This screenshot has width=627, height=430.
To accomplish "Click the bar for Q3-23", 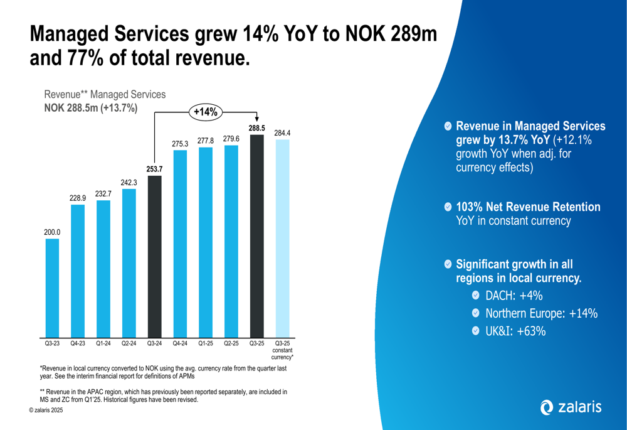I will [x=52, y=288].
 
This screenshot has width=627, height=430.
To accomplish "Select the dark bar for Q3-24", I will [x=154, y=256].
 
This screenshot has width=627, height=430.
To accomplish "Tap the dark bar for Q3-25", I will [x=256, y=236].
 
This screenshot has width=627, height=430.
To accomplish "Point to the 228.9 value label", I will [x=78, y=198].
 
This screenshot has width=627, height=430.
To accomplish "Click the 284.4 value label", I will [x=282, y=133].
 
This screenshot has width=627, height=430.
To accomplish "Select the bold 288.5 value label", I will [x=256, y=128].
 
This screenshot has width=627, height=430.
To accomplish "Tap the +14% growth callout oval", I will [x=206, y=112].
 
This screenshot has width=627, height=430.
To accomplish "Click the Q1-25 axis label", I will [x=206, y=343].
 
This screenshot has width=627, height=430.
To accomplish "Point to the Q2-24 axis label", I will [x=129, y=343].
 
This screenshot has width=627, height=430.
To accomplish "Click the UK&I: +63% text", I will [x=516, y=331].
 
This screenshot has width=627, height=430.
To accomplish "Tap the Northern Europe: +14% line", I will [x=541, y=313].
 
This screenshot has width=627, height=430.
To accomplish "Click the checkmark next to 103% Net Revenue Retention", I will [x=447, y=207].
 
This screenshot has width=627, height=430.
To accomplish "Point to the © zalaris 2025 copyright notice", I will [x=45, y=410].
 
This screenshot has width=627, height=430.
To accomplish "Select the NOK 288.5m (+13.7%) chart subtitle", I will [x=91, y=108].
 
